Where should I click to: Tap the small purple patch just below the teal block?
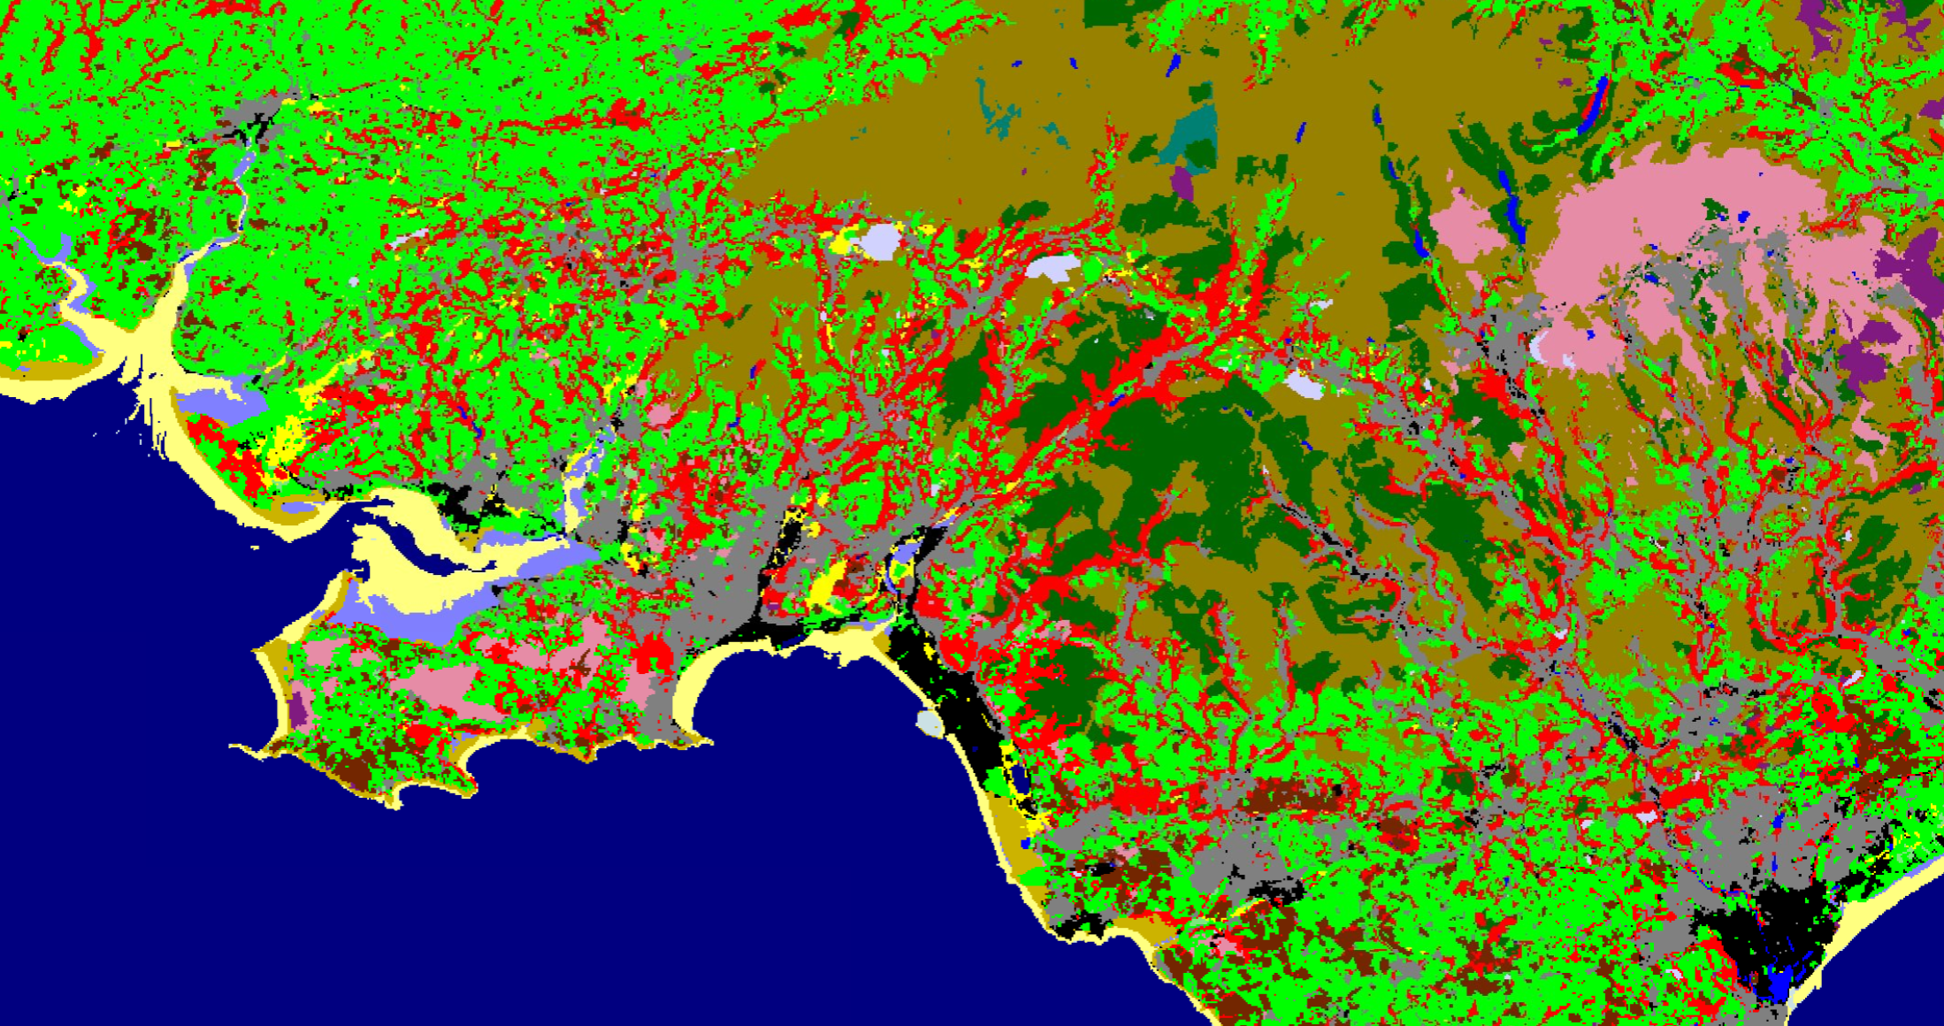(x=1182, y=184)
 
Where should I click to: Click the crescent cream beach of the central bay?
(x=699, y=681)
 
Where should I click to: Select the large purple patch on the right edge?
(x=1919, y=265)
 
